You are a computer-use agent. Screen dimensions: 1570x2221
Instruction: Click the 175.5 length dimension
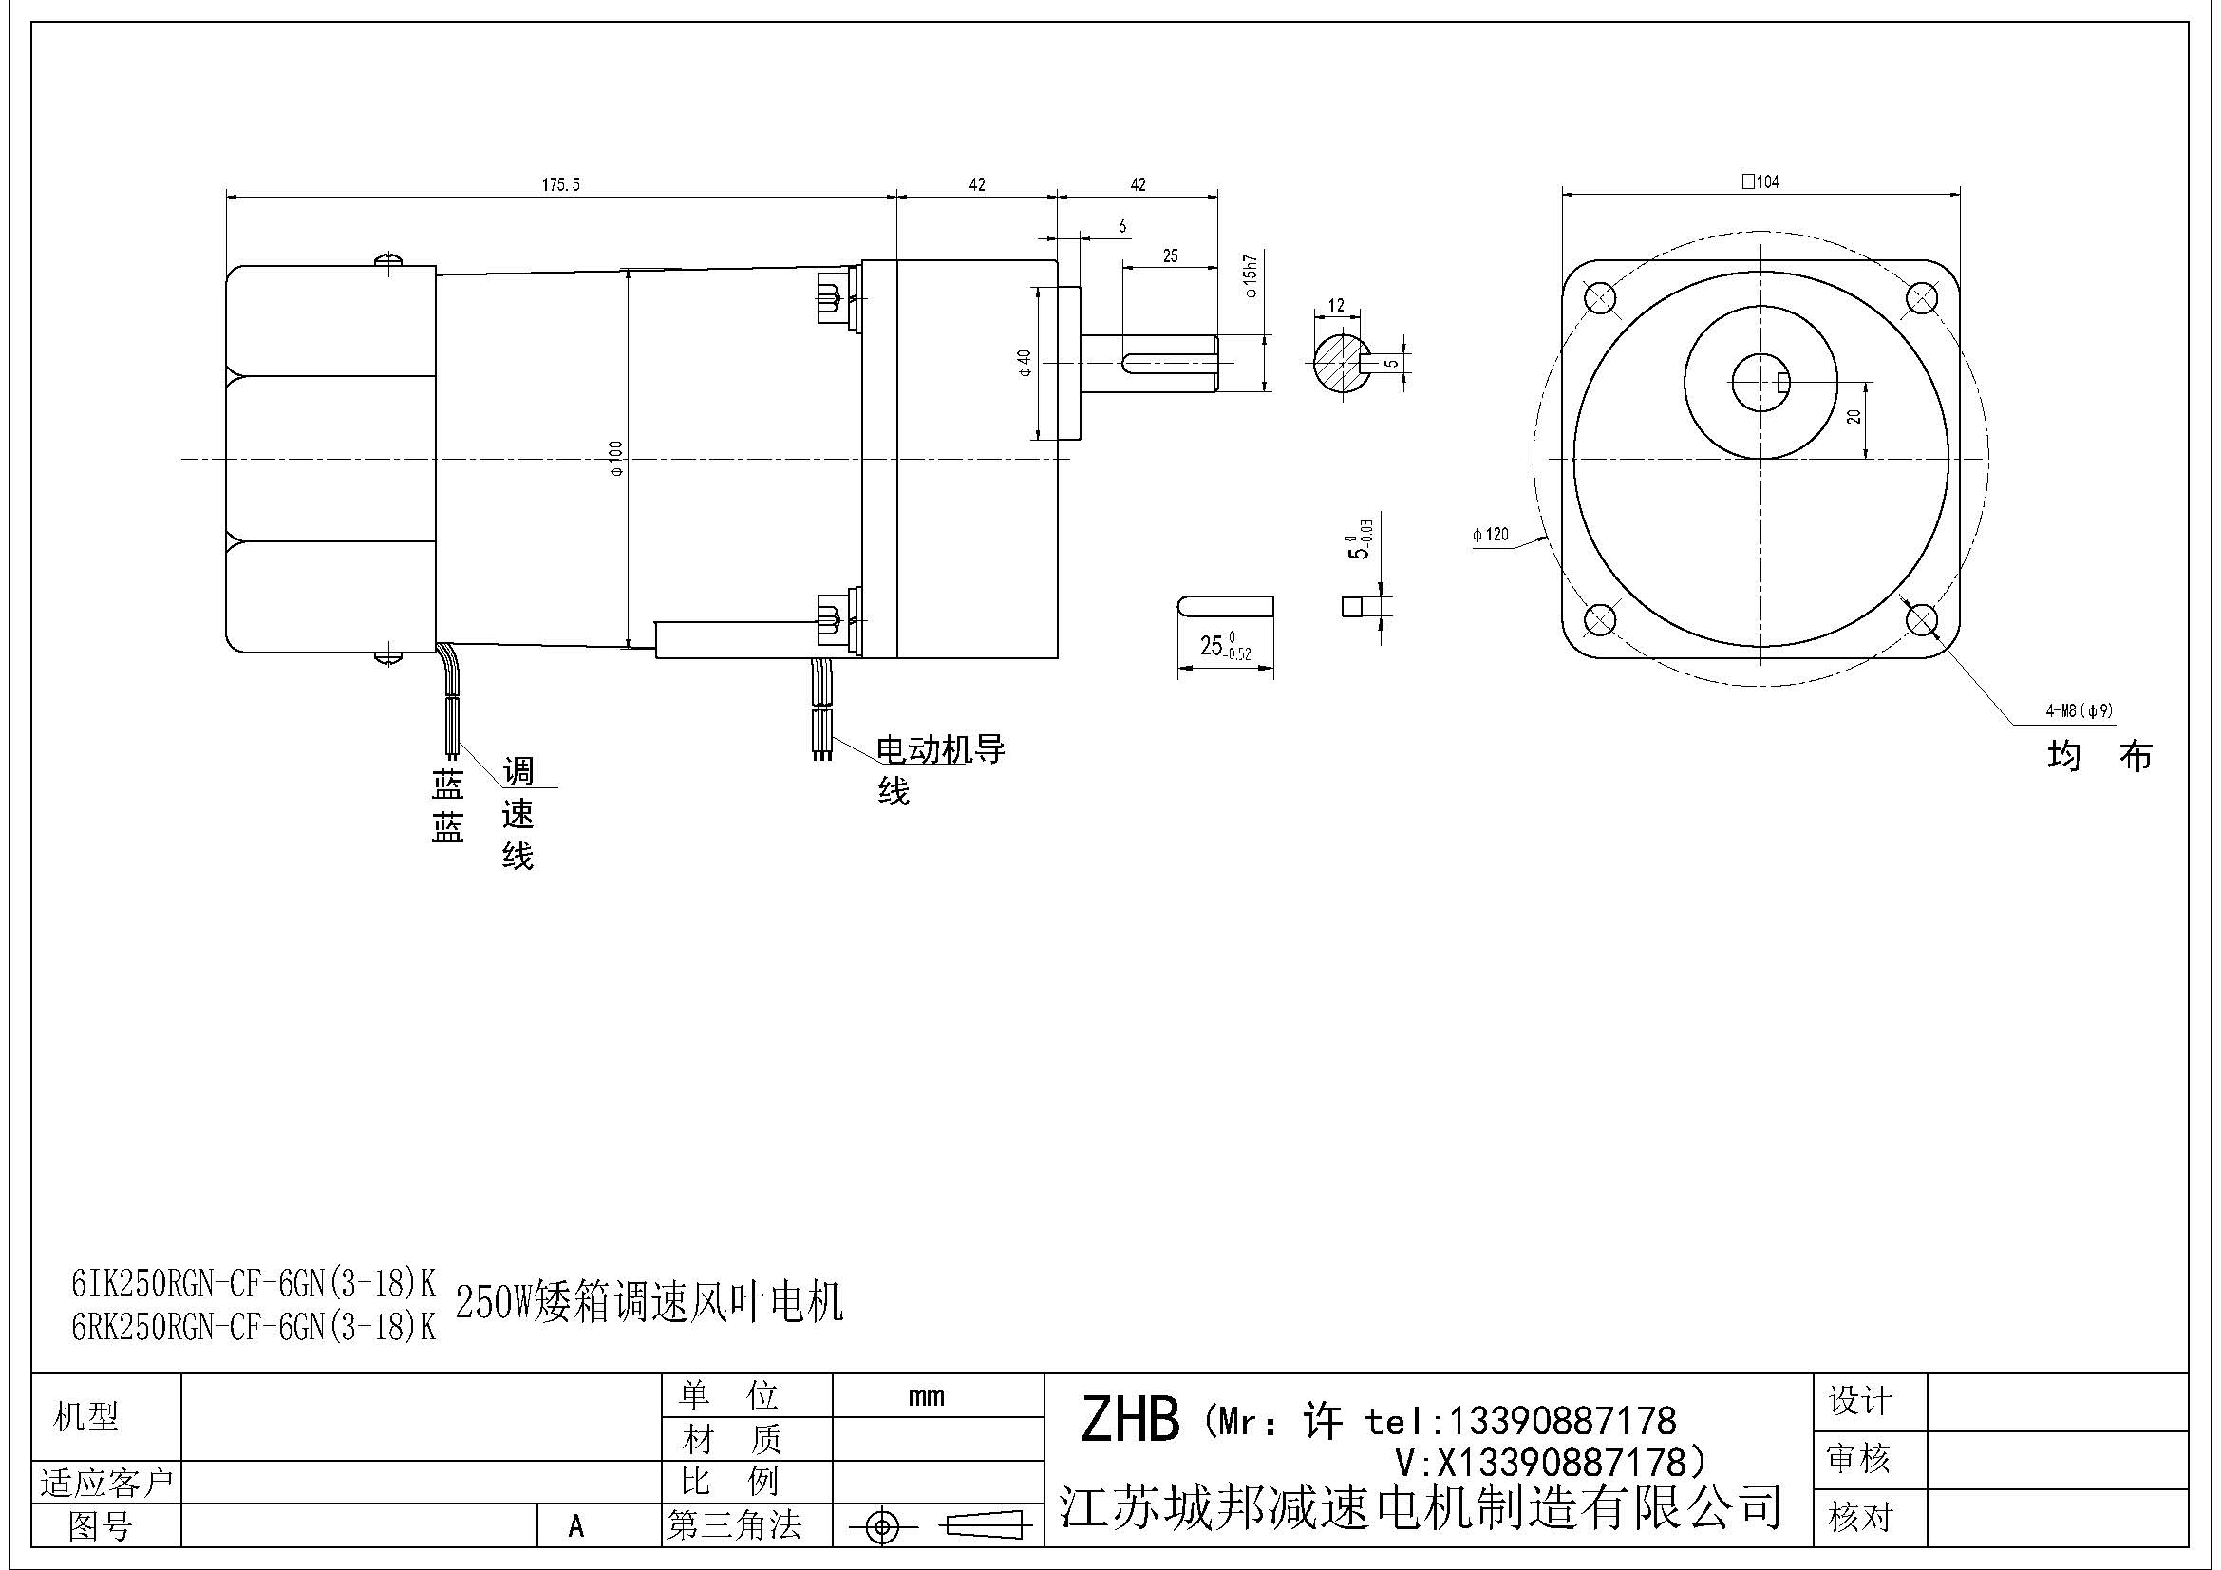tap(560, 184)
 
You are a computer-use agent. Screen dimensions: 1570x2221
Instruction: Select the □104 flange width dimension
tap(1760, 180)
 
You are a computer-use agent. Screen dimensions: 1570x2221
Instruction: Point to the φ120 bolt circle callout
tap(1491, 534)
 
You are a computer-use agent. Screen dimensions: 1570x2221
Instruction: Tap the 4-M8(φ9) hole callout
tap(2079, 711)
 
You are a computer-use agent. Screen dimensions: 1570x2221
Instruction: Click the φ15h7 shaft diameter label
tap(1251, 276)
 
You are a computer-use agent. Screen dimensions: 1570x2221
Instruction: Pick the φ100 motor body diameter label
tap(616, 458)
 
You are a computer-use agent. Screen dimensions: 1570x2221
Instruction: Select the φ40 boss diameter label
tap(1025, 363)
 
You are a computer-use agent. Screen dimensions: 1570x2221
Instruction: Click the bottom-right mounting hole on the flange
tap(1921, 618)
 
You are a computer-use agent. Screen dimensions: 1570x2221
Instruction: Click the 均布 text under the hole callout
tap(2100, 756)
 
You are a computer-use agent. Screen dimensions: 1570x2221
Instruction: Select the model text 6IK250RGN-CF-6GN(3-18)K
tap(254, 1283)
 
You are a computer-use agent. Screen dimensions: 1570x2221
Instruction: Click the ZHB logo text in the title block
tap(1130, 1420)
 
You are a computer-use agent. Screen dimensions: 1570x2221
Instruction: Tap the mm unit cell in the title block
tap(926, 1396)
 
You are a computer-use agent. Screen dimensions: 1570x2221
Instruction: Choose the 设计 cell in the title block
tap(1859, 1401)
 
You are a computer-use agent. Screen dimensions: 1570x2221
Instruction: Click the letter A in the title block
tap(576, 1525)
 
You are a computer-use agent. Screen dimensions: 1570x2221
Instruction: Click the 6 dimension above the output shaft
tap(1122, 226)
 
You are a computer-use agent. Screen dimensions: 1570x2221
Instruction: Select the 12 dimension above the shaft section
tap(1336, 306)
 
